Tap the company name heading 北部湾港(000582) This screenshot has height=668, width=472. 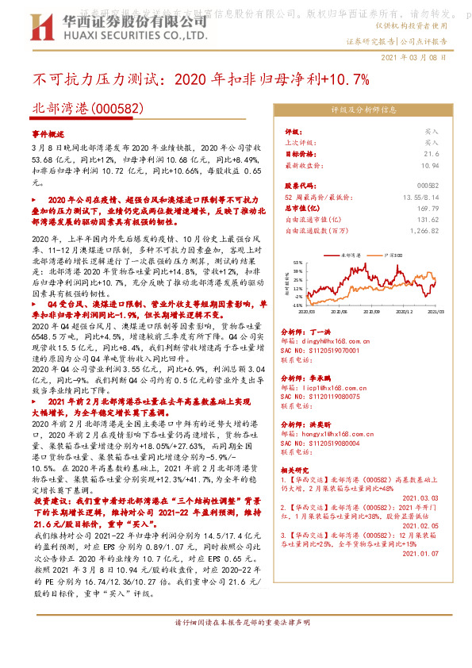76,109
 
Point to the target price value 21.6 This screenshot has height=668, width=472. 431,154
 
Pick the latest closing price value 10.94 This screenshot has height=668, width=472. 429,165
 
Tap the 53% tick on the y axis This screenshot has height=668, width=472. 297,261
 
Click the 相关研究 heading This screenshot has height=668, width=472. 297,470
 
